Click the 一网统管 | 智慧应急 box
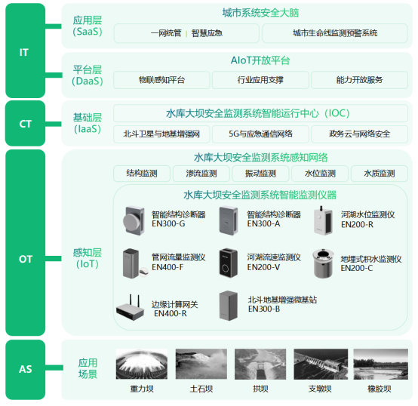[186, 33]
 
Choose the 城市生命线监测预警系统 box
[335, 33]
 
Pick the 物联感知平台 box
[161, 80]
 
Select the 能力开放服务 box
[358, 80]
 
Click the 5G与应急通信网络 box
[260, 134]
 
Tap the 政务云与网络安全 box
[359, 134]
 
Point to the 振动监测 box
[260, 174]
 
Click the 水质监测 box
[380, 174]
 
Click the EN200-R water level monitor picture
[323, 219]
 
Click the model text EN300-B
[263, 309]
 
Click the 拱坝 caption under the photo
[260, 390]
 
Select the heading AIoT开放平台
[260, 60]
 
